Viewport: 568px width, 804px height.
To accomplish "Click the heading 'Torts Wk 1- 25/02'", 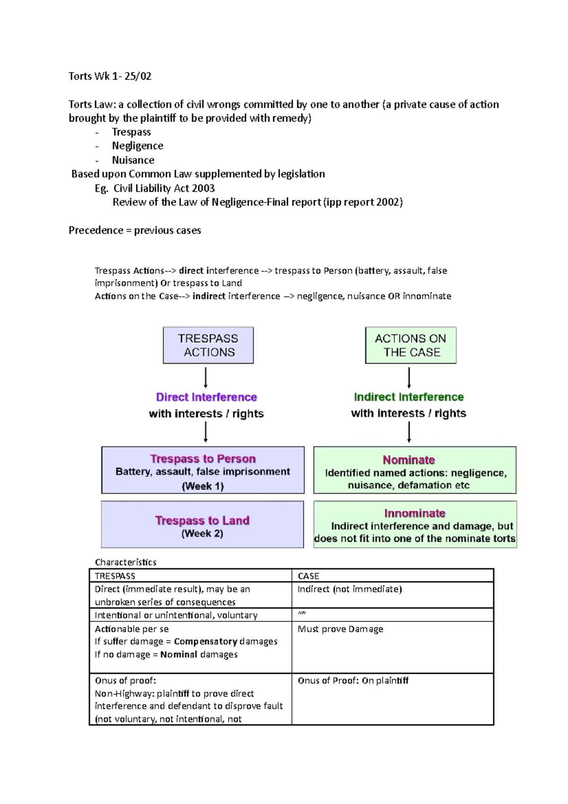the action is (110, 76).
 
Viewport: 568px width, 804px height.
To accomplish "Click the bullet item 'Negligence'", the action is (137, 146).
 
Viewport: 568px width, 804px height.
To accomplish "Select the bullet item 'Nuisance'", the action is (133, 160).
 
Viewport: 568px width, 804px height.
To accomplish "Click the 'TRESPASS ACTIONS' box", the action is (208, 345).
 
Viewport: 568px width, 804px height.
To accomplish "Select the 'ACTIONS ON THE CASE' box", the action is (410, 345).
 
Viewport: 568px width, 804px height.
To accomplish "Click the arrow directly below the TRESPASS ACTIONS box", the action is (206, 377).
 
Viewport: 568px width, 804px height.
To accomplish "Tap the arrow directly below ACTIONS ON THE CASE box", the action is (409, 377).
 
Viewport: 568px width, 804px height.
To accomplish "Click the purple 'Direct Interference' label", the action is (206, 397).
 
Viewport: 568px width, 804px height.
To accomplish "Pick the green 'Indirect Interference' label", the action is (408, 397).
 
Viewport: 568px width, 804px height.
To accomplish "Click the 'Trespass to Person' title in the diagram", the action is (203, 458).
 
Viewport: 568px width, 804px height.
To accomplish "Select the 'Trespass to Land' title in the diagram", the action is (202, 520).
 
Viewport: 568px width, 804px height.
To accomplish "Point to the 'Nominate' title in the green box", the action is (408, 460).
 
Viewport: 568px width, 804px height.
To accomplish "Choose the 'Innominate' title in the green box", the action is (415, 513).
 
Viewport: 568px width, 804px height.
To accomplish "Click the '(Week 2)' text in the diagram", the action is (202, 534).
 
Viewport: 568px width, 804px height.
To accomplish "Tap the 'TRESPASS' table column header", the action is (115, 576).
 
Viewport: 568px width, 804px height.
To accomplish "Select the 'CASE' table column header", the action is (308, 576).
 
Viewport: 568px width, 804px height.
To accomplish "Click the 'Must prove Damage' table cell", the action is (340, 629).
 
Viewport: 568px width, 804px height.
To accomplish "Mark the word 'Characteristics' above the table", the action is (125, 562).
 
